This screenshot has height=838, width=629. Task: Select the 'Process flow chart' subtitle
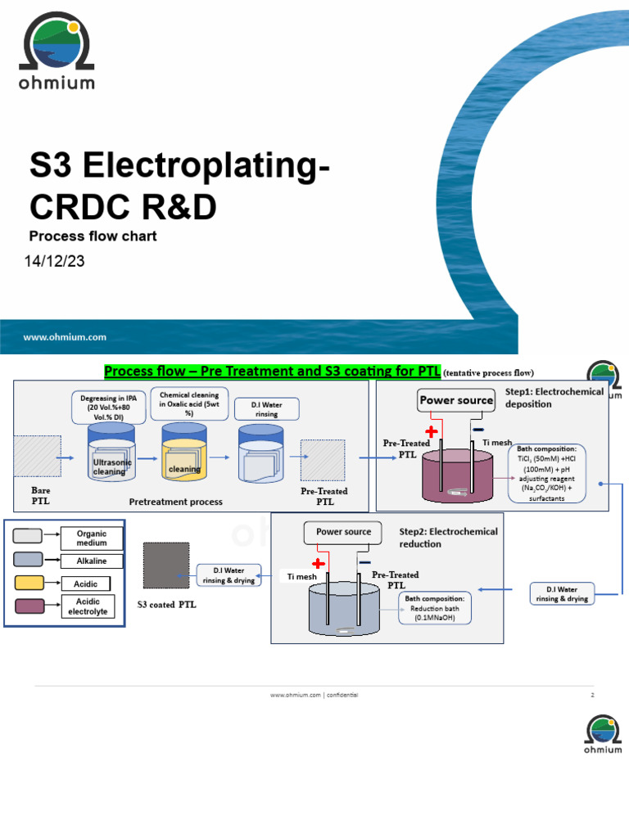point(93,237)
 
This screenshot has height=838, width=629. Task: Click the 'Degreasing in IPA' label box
point(107,407)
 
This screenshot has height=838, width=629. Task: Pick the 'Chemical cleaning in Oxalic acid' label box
point(189,403)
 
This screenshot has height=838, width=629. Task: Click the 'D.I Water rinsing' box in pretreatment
point(266,408)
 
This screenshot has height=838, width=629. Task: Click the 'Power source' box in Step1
point(456,400)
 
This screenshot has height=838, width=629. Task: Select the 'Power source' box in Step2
point(343,532)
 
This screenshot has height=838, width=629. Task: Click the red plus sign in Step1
point(431,431)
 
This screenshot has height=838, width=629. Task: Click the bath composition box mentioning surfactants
point(546,474)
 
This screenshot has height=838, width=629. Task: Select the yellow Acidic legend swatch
point(29,583)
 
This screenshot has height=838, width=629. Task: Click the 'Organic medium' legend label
point(92,538)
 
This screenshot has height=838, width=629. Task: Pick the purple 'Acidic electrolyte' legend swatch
point(29,606)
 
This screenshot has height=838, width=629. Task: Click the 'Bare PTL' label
point(40,496)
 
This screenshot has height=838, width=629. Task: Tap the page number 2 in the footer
point(591,695)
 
